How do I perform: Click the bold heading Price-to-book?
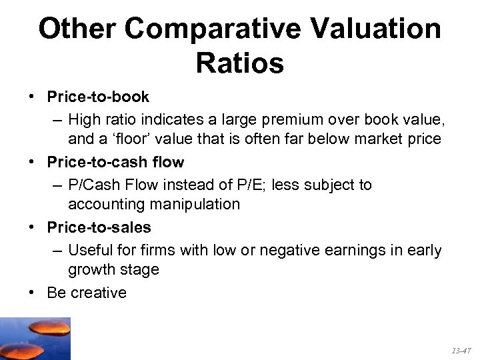[x=98, y=97]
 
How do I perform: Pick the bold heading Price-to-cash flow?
[x=115, y=162]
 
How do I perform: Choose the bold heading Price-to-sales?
[x=99, y=227]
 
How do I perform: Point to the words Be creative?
[x=87, y=293]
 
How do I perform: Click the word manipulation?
[x=195, y=204]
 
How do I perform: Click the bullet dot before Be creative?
[x=33, y=293]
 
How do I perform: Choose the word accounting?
[x=104, y=204]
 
